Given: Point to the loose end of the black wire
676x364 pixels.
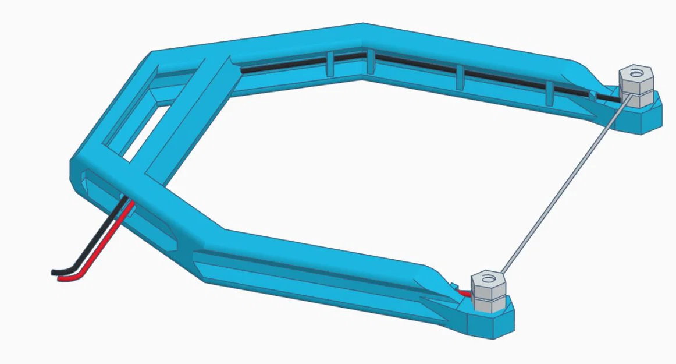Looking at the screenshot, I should [54, 272].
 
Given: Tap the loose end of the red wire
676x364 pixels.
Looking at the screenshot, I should [61, 280].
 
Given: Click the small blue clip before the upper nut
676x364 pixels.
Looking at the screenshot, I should [592, 94].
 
